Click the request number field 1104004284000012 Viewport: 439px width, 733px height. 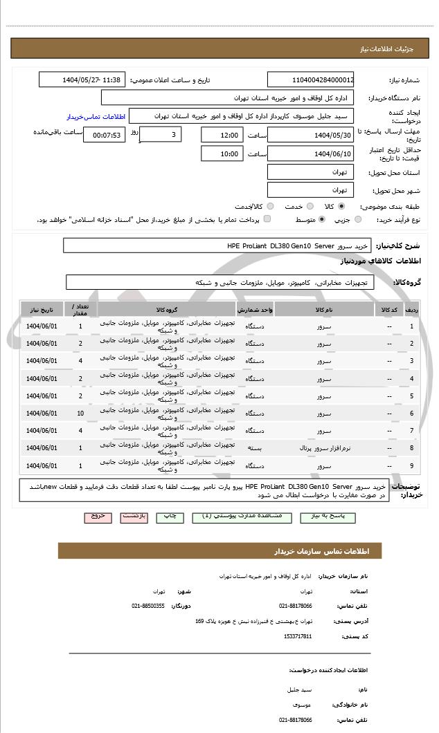pyautogui.click(x=310, y=80)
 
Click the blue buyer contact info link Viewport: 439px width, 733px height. pyautogui.click(x=91, y=117)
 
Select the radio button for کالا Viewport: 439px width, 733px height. pyautogui.click(x=341, y=206)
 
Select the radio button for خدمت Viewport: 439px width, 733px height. pyautogui.click(x=310, y=206)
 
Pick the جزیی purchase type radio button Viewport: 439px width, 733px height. pyautogui.click(x=357, y=219)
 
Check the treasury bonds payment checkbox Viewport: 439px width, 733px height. pyautogui.click(x=267, y=219)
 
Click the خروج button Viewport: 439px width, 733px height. pyautogui.click(x=98, y=517)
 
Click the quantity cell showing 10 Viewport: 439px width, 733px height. pyautogui.click(x=80, y=414)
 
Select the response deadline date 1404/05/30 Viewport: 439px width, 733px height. pyautogui.click(x=310, y=135)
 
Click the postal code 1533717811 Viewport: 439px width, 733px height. pyautogui.click(x=298, y=636)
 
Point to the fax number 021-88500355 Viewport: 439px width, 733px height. pyautogui.click(x=148, y=606)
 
